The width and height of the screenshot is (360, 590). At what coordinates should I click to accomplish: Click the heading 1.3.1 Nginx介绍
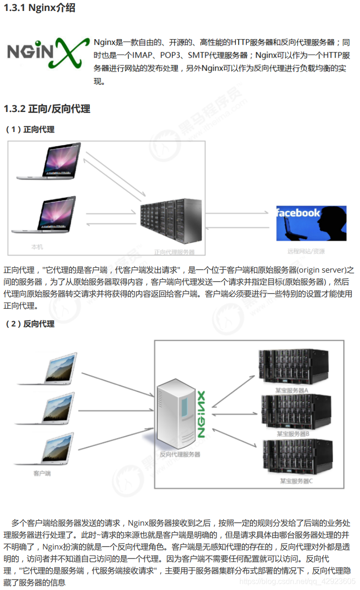[39, 8]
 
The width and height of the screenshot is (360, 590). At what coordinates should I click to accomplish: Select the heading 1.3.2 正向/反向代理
[47, 109]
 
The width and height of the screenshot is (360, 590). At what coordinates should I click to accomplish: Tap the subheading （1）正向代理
[30, 129]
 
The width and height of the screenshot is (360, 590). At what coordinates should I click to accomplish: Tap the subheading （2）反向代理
[30, 324]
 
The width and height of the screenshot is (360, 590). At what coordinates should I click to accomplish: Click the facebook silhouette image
[311, 223]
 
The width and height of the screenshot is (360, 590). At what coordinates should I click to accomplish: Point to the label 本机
[37, 247]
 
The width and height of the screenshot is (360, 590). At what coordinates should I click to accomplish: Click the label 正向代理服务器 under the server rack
[174, 251]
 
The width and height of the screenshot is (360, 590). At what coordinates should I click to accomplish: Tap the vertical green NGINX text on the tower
[201, 415]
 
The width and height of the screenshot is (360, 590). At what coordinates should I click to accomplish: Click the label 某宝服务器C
[296, 481]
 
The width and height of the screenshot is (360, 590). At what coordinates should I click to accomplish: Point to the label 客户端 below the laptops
[42, 474]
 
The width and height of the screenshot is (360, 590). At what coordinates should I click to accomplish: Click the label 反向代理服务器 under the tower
[180, 454]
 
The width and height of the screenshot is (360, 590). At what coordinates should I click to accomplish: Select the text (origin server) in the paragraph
[321, 270]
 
